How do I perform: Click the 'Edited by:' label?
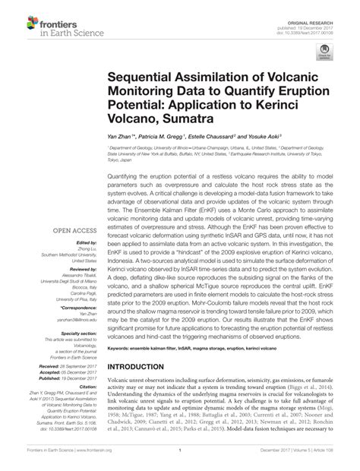(78, 243)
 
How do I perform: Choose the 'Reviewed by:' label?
(75, 269)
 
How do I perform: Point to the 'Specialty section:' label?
(71, 332)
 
